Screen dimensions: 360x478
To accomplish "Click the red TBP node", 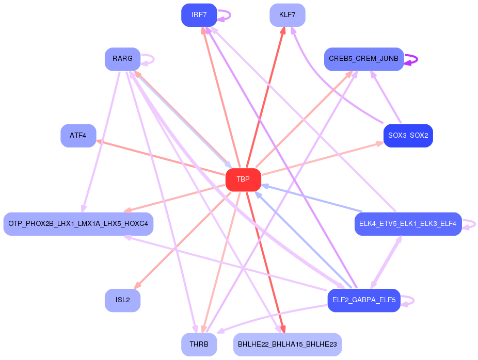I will pyautogui.click(x=243, y=179).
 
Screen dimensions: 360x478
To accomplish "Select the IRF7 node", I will pyautogui.click(x=199, y=15).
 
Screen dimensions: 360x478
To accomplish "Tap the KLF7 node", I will pyautogui.click(x=287, y=15).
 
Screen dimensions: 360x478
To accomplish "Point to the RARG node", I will pyautogui.click(x=122, y=59).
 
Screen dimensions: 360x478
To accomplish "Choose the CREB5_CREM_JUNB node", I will pyautogui.click(x=363, y=59).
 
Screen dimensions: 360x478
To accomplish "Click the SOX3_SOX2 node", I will pyautogui.click(x=408, y=136).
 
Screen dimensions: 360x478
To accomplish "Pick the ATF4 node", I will pyautogui.click(x=78, y=136).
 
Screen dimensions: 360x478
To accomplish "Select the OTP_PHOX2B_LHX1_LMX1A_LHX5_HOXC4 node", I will pyautogui.click(x=78, y=224).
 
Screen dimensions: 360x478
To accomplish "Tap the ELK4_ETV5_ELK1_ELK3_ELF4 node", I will pyautogui.click(x=408, y=224).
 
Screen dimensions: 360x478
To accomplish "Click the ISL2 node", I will pyautogui.click(x=122, y=300).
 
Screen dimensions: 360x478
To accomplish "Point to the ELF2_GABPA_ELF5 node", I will pyautogui.click(x=363, y=300).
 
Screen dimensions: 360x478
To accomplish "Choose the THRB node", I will pyautogui.click(x=199, y=344).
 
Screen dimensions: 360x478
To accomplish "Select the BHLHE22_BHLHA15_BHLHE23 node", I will pyautogui.click(x=287, y=344).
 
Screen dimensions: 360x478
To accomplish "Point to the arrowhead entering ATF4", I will pyautogui.click(x=99, y=141).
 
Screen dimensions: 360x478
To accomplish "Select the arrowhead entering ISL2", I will pyautogui.click(x=136, y=287).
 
